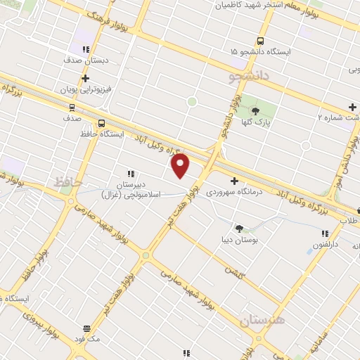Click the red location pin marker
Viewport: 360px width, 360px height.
181,166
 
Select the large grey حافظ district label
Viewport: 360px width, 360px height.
70,183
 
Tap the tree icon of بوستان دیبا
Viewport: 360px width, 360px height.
240,228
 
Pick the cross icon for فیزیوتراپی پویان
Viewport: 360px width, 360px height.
85,78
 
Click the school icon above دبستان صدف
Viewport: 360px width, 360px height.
85,49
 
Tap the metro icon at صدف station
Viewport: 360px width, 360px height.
71,107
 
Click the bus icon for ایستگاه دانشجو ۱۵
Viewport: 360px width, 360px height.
261,41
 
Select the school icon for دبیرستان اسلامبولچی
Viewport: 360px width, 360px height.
130,173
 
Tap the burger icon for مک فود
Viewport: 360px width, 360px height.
87,328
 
